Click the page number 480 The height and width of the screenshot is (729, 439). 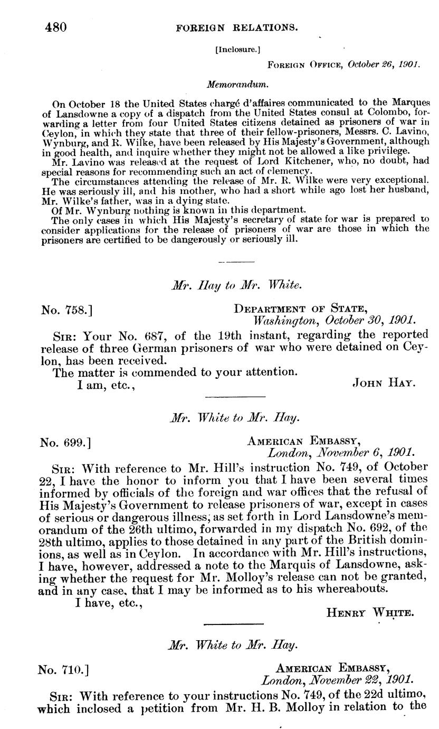55,27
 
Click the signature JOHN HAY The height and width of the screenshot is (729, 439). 383,385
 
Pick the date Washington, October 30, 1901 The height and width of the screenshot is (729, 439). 335,321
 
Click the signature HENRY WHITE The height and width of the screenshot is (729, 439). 369,613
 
